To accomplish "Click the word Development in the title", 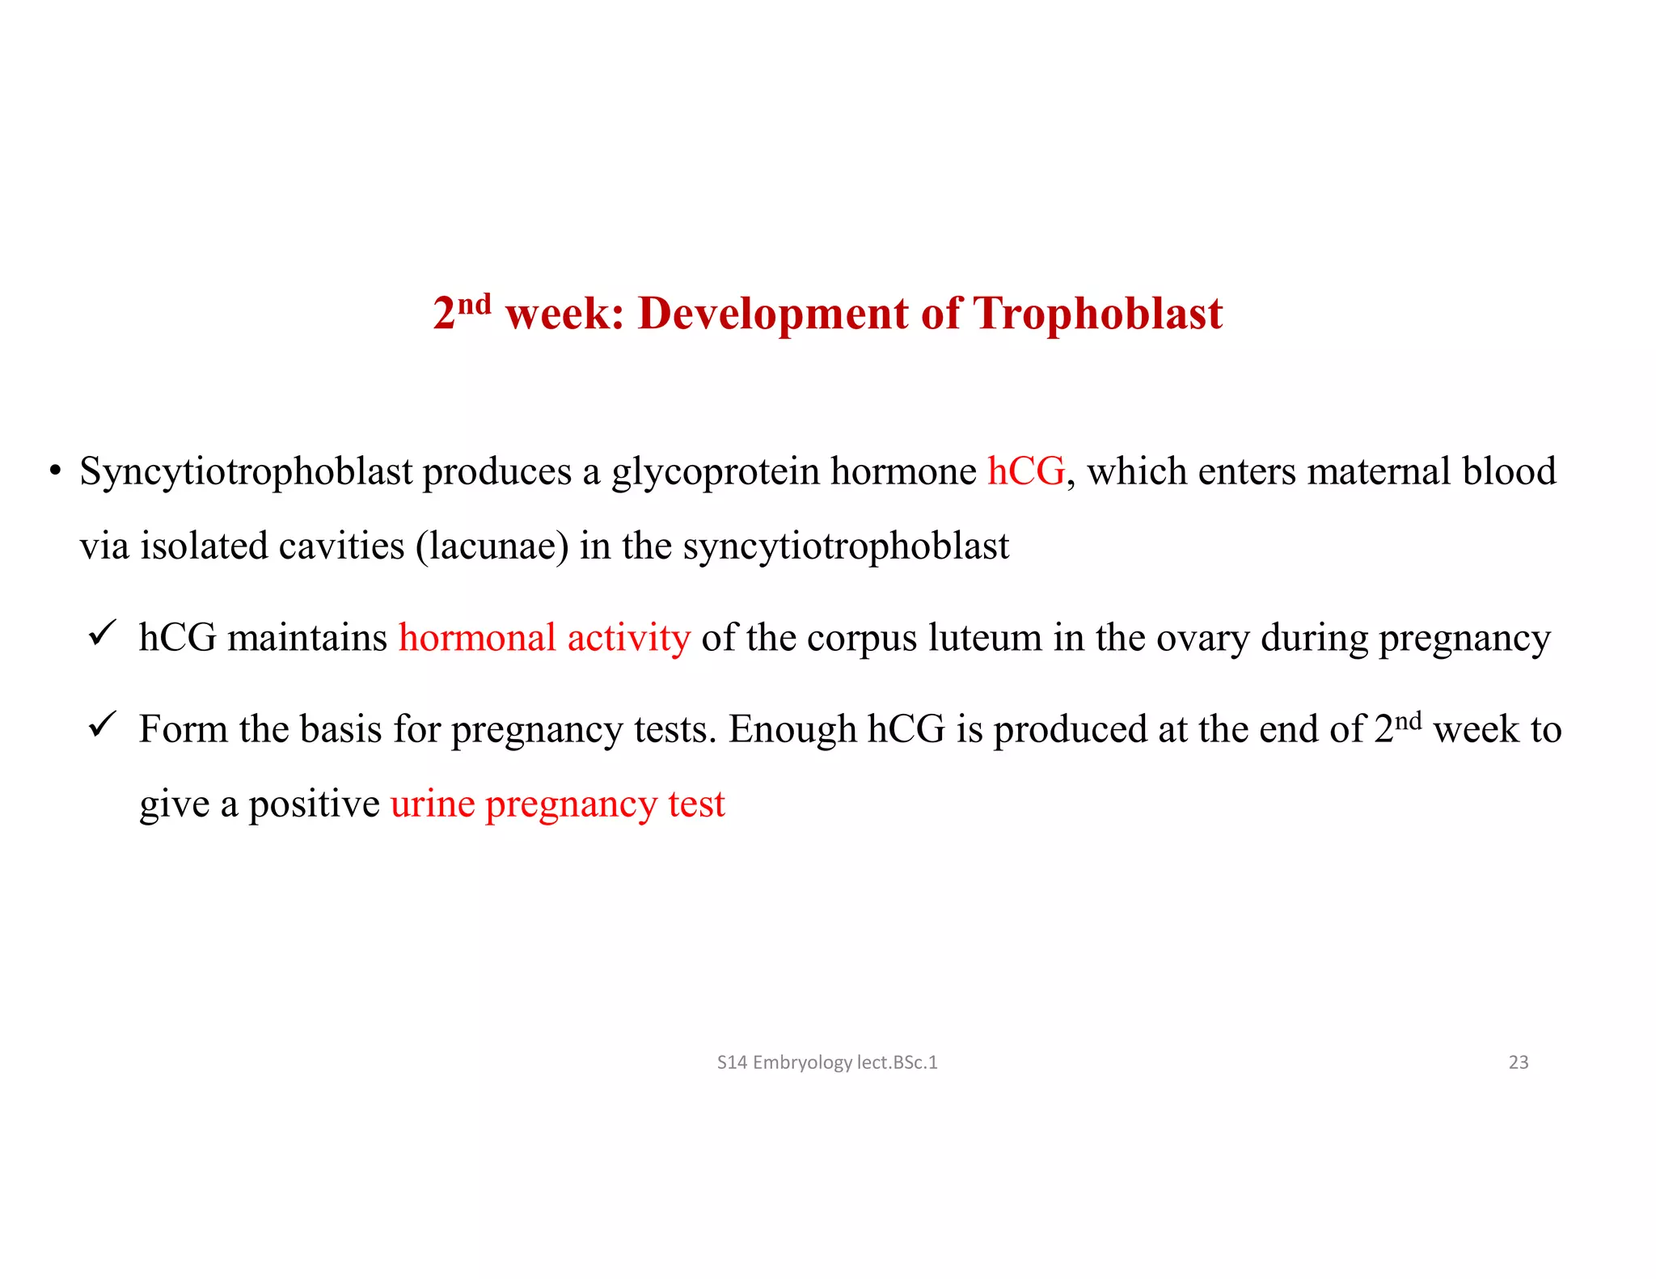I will (x=772, y=314).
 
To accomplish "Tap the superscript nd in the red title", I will (x=475, y=304).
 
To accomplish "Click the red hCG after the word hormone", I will (x=1025, y=471).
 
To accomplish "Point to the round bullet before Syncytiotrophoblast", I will (x=55, y=471).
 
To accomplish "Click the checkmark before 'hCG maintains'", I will (x=103, y=632).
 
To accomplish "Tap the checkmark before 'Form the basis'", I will (x=103, y=724).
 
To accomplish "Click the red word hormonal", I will (x=477, y=638).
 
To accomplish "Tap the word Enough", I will (x=792, y=730).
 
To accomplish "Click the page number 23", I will (x=1518, y=1062).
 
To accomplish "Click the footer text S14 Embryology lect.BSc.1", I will (x=826, y=1062).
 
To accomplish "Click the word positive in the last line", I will (x=314, y=804).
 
